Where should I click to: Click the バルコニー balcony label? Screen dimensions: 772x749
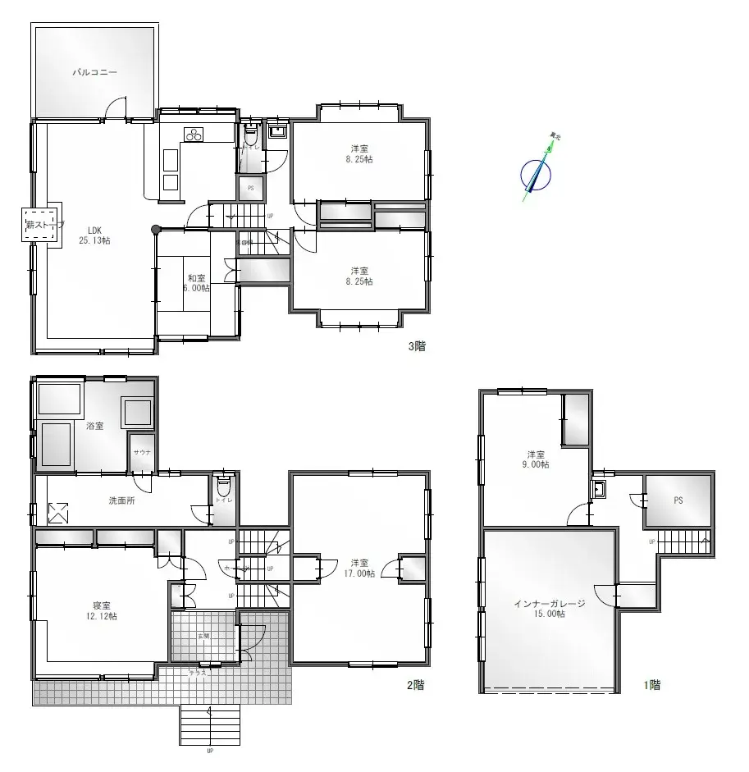click(x=94, y=72)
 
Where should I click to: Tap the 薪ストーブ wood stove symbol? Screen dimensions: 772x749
click(x=41, y=223)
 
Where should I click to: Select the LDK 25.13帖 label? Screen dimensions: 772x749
click(x=94, y=235)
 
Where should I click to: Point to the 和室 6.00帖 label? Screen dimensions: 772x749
click(x=197, y=283)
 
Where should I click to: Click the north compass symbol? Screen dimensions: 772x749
click(x=537, y=171)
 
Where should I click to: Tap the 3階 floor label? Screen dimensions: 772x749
click(x=417, y=346)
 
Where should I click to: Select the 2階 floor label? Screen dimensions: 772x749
click(x=416, y=685)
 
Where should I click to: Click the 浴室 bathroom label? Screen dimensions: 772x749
click(x=94, y=426)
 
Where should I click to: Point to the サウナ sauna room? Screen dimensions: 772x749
click(x=142, y=454)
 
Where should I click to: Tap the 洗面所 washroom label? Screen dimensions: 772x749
click(x=121, y=500)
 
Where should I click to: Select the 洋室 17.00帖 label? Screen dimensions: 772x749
click(x=359, y=568)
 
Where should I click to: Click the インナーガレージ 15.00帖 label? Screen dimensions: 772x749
click(x=549, y=608)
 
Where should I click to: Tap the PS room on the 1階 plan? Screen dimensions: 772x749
click(x=678, y=500)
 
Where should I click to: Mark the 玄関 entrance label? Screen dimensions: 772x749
click(x=203, y=636)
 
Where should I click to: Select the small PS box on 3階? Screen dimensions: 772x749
click(x=250, y=188)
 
